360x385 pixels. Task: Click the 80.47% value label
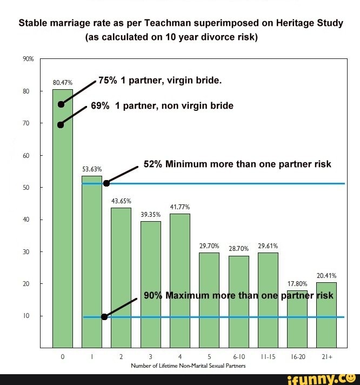62,83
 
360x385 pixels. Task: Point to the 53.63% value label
91,169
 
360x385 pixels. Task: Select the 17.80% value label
297,283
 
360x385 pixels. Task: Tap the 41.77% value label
179,207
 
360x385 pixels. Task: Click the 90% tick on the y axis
28,58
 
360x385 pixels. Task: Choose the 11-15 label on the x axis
268,357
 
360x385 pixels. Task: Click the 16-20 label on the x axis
297,357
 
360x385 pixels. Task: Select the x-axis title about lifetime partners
188,366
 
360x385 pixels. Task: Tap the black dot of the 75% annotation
61,104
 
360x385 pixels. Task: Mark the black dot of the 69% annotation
61,124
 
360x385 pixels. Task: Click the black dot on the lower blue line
104,317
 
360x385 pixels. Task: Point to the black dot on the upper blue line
106,183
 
